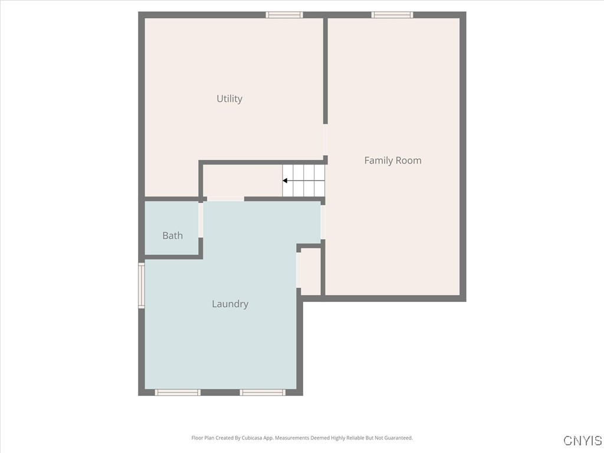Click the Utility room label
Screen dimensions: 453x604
[x=229, y=99]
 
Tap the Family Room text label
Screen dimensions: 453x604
[x=392, y=160]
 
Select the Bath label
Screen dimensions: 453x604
[x=172, y=235]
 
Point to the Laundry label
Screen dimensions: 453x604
[x=230, y=304]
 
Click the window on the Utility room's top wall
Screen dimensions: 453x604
[x=284, y=15]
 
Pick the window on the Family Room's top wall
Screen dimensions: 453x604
[x=392, y=15]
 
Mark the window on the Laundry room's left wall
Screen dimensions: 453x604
[x=142, y=285]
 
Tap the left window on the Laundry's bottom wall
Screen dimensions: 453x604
[x=178, y=392]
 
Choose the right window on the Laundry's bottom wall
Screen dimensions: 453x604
[x=263, y=392]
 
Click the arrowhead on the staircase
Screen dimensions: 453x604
[x=285, y=180]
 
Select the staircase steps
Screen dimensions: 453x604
[x=304, y=180]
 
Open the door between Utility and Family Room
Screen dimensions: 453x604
[x=324, y=140]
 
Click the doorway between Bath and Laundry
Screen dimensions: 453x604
[x=201, y=220]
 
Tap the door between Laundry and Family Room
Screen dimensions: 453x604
[x=323, y=222]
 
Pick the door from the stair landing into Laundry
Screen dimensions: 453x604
[x=225, y=199]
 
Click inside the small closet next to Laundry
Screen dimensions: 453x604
[x=311, y=271]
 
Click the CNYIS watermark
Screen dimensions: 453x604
[x=582, y=441]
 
